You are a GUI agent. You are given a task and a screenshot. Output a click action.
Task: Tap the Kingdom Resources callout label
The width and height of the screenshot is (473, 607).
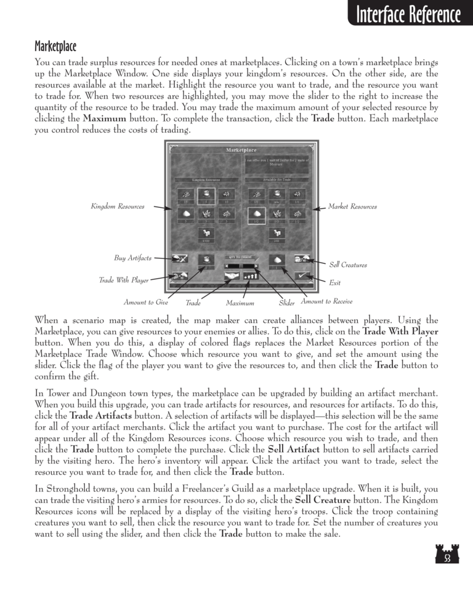117,207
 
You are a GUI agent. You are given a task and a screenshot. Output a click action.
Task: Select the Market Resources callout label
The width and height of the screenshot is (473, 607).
352,207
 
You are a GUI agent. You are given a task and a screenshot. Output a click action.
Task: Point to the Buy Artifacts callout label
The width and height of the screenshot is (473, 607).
133,258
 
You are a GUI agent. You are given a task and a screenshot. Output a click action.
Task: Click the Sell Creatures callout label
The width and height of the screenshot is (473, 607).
348,265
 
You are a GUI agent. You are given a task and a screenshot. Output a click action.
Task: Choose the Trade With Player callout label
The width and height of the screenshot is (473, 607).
124,280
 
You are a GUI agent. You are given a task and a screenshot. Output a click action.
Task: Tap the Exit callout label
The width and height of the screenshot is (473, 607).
335,284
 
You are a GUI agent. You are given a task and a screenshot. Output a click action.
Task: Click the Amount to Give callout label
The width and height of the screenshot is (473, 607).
146,302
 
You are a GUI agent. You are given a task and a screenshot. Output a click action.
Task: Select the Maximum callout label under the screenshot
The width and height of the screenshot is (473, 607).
240,303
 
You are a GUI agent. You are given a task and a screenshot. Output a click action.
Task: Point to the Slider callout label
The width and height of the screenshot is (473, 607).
287,302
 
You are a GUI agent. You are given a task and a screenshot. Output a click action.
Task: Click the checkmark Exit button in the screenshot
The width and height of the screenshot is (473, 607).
302,277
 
